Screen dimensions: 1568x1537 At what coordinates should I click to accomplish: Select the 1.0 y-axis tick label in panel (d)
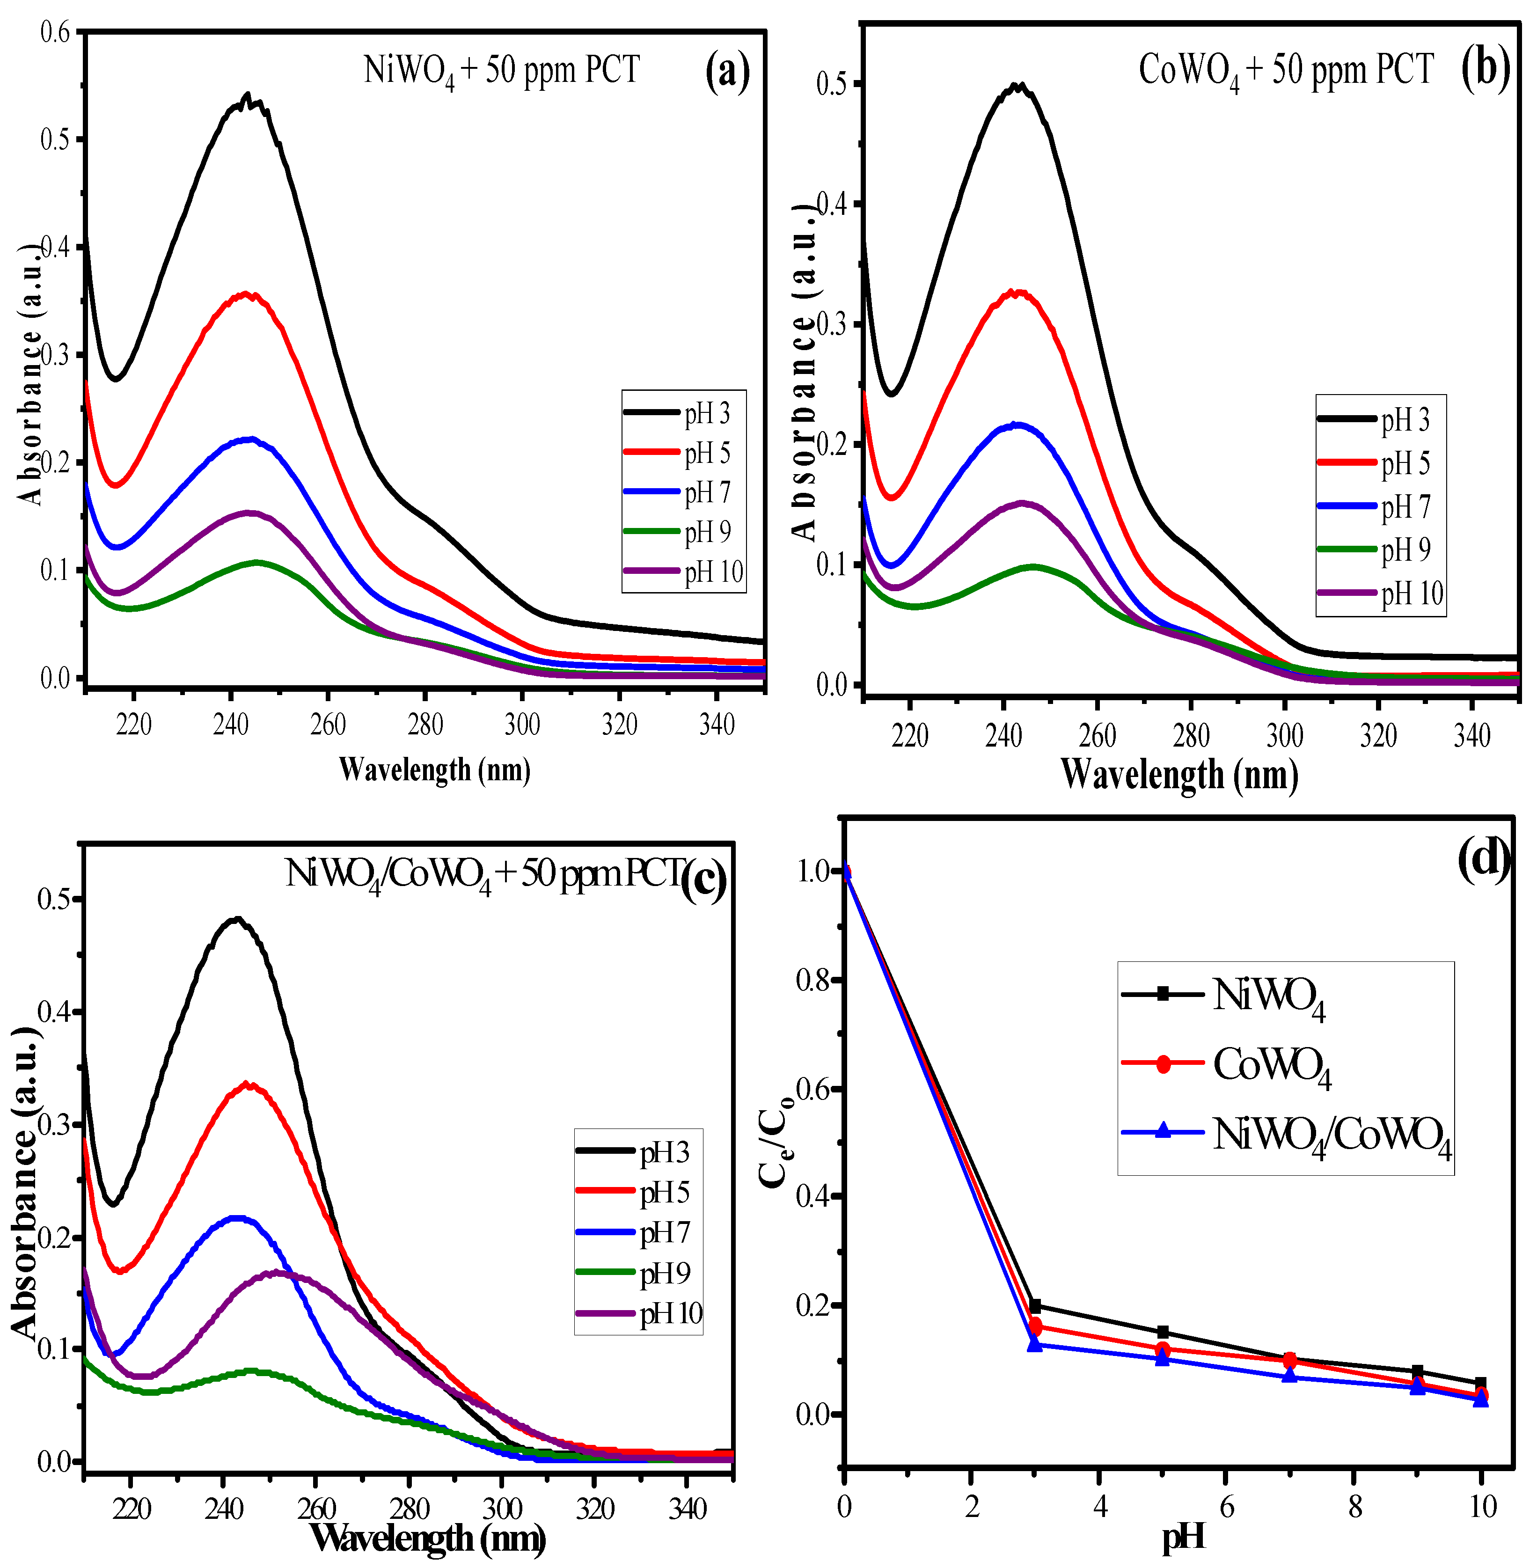pos(814,871)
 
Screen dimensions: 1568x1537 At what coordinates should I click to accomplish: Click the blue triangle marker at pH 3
pos(1035,1344)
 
